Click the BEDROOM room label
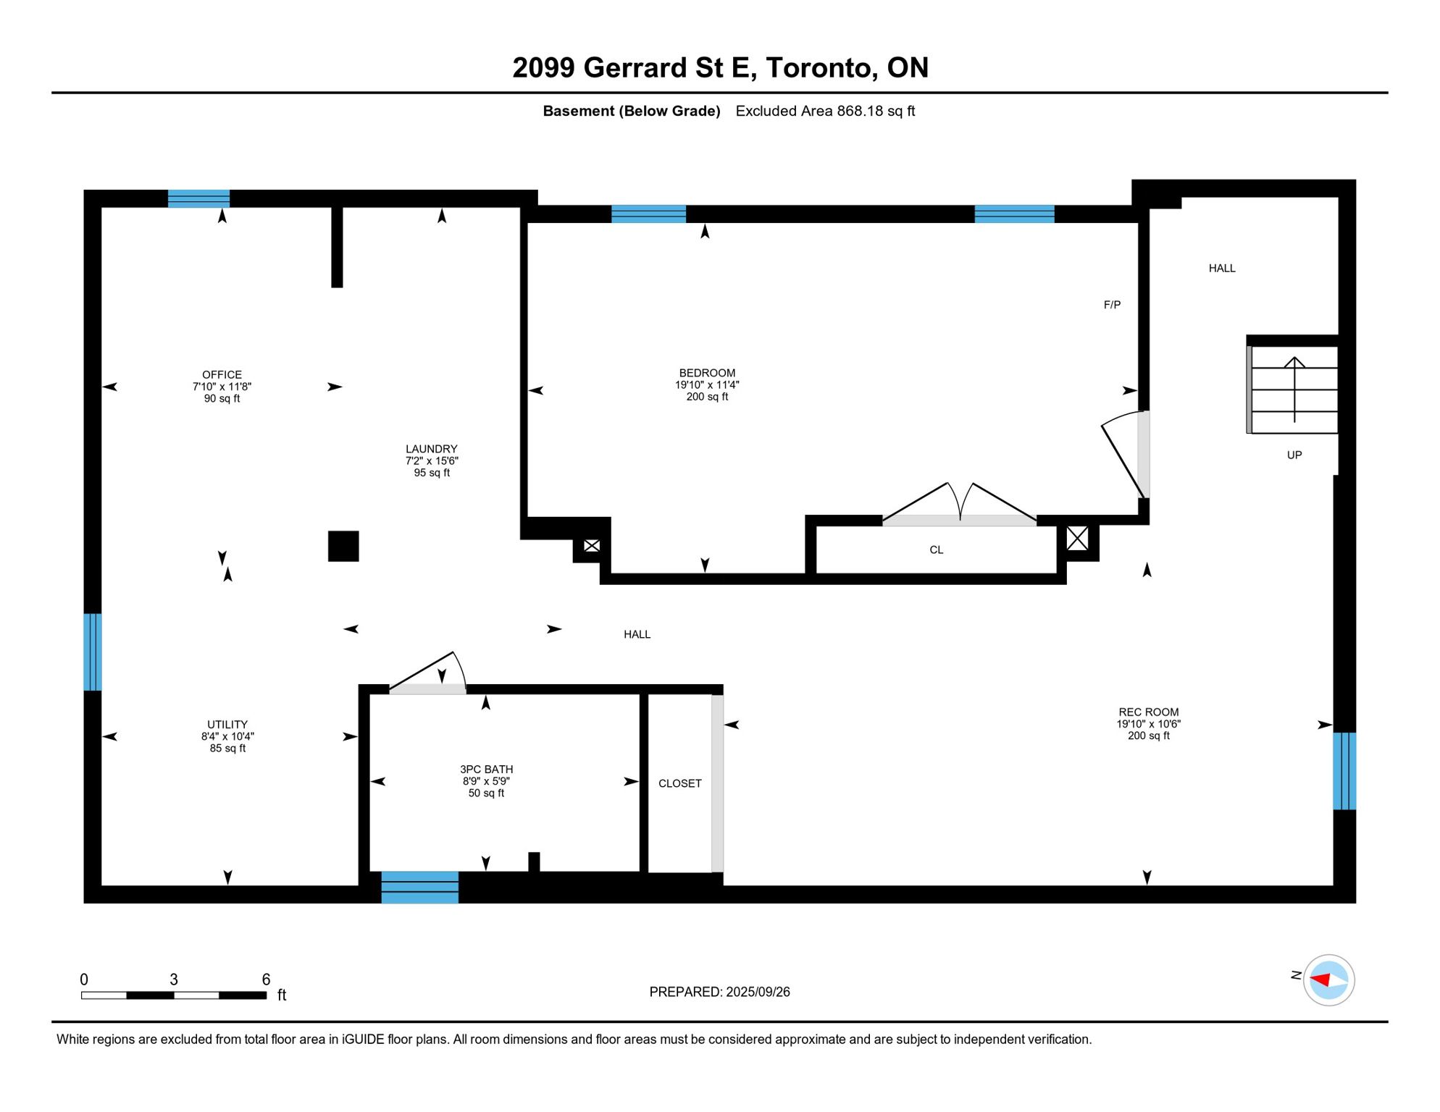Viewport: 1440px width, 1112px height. coord(707,373)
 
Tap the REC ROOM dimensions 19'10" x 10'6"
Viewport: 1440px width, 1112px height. coord(1148,724)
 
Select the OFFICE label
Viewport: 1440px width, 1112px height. coord(222,374)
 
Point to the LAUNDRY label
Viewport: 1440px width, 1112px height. coord(431,449)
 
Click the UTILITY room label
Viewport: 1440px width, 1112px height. coord(227,725)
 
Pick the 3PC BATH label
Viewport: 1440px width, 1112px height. coord(486,770)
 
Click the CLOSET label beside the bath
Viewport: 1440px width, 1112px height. coord(679,783)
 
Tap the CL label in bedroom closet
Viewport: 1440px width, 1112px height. coord(936,550)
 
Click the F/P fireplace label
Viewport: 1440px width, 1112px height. coord(1112,305)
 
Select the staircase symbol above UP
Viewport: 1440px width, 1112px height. coord(1294,389)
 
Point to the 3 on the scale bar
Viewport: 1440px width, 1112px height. coord(174,980)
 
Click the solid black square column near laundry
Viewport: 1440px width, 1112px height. coord(343,546)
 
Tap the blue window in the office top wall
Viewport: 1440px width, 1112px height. coord(198,198)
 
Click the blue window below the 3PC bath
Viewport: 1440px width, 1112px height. coord(419,888)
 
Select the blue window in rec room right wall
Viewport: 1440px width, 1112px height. coord(1344,771)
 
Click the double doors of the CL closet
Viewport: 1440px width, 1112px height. coord(960,507)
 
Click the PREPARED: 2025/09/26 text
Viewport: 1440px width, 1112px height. coord(719,992)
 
